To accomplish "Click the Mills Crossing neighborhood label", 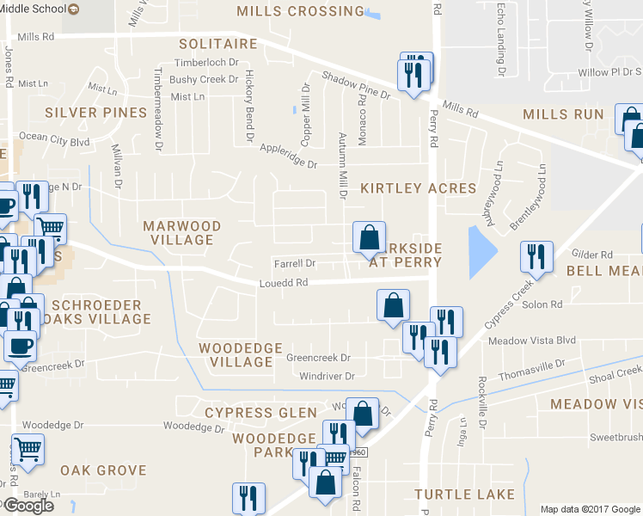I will [x=300, y=11].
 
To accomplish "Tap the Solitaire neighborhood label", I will [x=218, y=44].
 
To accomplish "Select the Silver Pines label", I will [x=96, y=113].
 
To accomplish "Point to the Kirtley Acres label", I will [x=418, y=187].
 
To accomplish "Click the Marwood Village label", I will [x=181, y=233].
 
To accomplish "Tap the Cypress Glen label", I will [x=261, y=413].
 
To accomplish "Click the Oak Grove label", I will [x=103, y=470].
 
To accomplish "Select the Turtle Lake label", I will [x=464, y=494].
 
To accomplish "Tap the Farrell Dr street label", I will [x=295, y=263].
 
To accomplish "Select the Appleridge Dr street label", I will [x=288, y=156].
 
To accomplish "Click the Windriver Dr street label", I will [x=327, y=376].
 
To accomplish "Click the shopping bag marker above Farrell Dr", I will [x=369, y=238].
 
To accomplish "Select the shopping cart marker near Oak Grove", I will [x=29, y=450].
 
